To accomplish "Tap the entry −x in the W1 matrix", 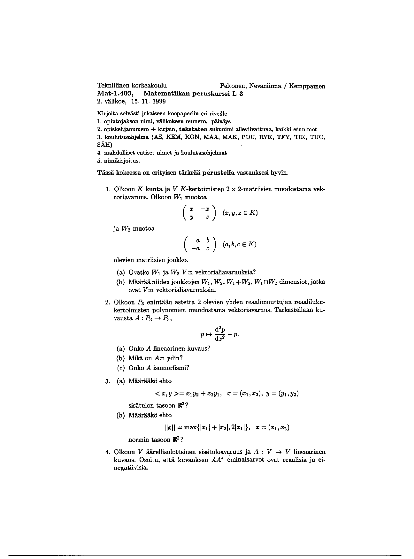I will (x=205, y=209).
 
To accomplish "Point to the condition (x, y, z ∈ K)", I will (x=240, y=213).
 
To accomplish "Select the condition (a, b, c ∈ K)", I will (x=240, y=245).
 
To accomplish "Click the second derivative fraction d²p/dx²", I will (x=218, y=334).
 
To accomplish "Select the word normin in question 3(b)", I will (x=138, y=440).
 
